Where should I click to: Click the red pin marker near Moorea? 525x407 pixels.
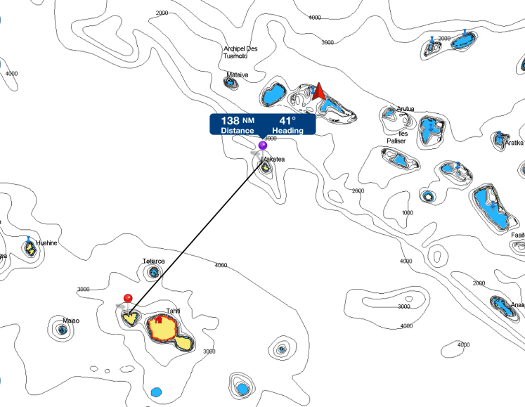point(127,298)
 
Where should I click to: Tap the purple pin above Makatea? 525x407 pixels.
point(263,146)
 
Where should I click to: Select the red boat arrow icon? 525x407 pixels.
point(319,91)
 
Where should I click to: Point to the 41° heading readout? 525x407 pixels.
point(287,120)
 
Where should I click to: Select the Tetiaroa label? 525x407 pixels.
point(153,261)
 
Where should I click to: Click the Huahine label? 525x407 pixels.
point(46,243)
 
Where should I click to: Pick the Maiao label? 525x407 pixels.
point(71,321)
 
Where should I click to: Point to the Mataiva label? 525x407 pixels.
point(238,74)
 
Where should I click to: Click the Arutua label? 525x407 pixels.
point(406,109)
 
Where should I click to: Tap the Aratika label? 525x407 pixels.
point(514,143)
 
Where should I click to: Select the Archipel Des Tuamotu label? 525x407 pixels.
point(241,52)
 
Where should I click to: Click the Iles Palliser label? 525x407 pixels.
point(399,137)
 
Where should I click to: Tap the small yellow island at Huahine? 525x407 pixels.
point(30,249)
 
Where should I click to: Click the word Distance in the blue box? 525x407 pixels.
point(238,131)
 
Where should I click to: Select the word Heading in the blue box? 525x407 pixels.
point(288,131)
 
